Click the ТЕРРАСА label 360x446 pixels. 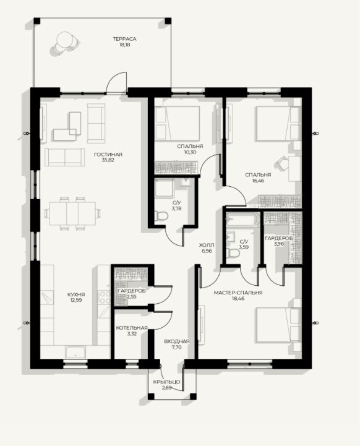pyautogui.click(x=124, y=39)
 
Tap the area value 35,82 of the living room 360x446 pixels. pyautogui.click(x=108, y=160)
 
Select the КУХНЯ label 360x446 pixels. pyautogui.click(x=76, y=294)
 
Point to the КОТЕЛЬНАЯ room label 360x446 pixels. pyautogui.click(x=132, y=328)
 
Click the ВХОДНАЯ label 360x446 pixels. pyautogui.click(x=176, y=341)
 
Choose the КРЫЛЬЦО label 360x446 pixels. pyautogui.click(x=166, y=382)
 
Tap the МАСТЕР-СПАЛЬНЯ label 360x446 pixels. pyautogui.click(x=238, y=293)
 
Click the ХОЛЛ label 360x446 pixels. pyautogui.click(x=207, y=245)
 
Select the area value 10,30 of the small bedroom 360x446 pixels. pyautogui.click(x=190, y=152)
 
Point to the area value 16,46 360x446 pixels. pyautogui.click(x=258, y=181)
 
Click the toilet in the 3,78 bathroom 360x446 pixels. pyautogui.click(x=161, y=215)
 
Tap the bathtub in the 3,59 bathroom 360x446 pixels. pyautogui.click(x=243, y=220)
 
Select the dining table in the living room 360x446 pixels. pyautogui.click(x=72, y=213)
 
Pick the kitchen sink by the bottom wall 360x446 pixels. pyautogui.click(x=75, y=353)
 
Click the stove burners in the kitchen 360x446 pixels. pyautogui.click(x=104, y=297)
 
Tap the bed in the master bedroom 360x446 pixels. pyautogui.click(x=279, y=325)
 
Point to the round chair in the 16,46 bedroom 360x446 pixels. pyautogui.click(x=283, y=164)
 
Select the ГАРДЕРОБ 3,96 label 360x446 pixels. pyautogui.click(x=278, y=241)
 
